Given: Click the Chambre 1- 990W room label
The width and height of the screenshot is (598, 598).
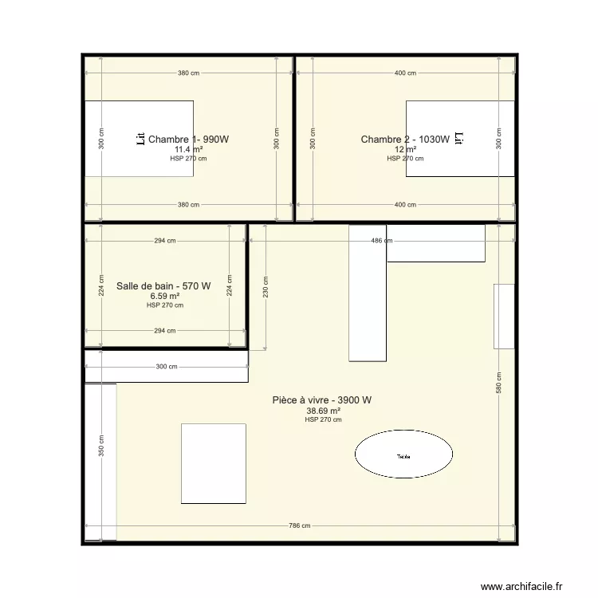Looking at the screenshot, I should pos(188,140).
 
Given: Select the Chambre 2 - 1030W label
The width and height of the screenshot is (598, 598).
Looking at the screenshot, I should pos(405,140).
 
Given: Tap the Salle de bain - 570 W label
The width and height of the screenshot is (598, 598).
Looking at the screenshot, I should pos(163,286).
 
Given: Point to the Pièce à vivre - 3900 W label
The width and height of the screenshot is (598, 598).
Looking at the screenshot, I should pos(323,400).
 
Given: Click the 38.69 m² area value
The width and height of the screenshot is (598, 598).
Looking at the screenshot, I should pos(323,411).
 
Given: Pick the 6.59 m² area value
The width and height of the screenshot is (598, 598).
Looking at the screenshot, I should pos(164,296).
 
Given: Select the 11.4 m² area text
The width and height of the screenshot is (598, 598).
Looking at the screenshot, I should pos(188,149).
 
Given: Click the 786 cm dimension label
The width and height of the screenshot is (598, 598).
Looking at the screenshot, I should pos(300,525).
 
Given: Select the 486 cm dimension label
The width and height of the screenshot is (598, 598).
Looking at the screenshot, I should pos(381,240).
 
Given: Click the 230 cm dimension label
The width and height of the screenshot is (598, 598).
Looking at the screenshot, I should pos(265,287).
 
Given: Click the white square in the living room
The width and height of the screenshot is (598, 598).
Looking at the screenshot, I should pos(213,463).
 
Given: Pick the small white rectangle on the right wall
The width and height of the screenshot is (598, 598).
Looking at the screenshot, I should pos(504,316).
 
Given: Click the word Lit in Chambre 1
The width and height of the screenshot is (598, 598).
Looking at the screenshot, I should pos(140,140).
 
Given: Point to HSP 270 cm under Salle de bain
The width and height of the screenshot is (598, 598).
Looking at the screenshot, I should pos(164,305).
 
